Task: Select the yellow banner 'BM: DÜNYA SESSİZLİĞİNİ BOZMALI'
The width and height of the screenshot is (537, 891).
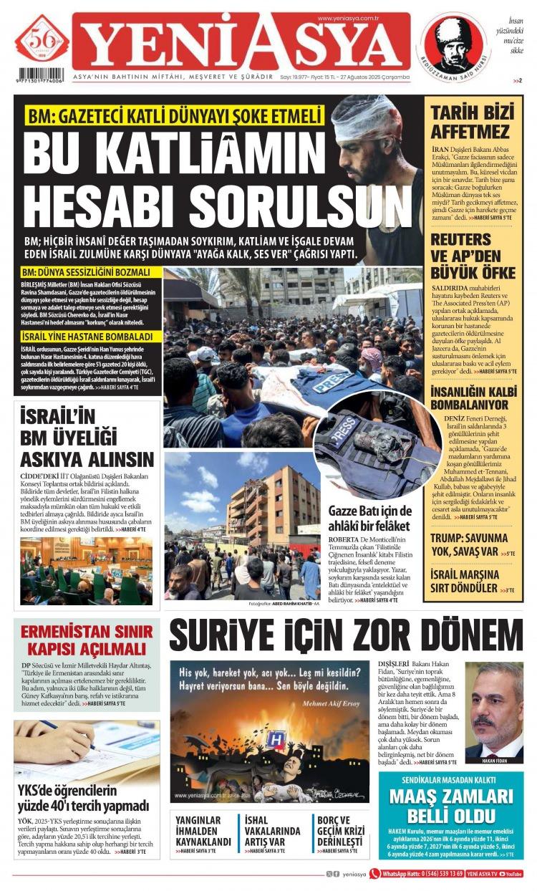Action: (85, 273)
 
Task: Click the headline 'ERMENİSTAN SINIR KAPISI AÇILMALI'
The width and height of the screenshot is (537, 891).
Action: (86, 640)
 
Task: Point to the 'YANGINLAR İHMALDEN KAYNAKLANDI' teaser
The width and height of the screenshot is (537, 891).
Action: (203, 831)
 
